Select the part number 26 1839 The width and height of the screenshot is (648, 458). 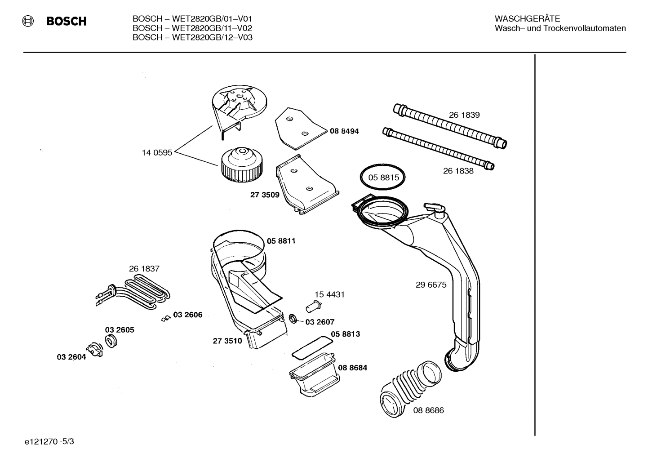pyautogui.click(x=464, y=115)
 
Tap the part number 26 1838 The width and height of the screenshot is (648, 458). pyautogui.click(x=458, y=171)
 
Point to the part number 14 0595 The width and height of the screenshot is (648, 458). pyautogui.click(x=157, y=153)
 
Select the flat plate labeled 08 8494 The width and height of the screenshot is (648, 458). pyautogui.click(x=298, y=128)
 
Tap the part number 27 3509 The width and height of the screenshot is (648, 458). pyautogui.click(x=264, y=195)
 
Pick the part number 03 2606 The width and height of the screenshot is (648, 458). pyautogui.click(x=187, y=315)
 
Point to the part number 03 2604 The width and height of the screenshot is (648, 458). pyautogui.click(x=71, y=357)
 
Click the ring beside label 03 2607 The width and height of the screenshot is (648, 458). pyautogui.click(x=293, y=319)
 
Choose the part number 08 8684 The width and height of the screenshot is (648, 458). pyautogui.click(x=352, y=368)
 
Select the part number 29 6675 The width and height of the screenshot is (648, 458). pyautogui.click(x=431, y=285)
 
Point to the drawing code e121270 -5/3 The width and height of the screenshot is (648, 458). pyautogui.click(x=49, y=442)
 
